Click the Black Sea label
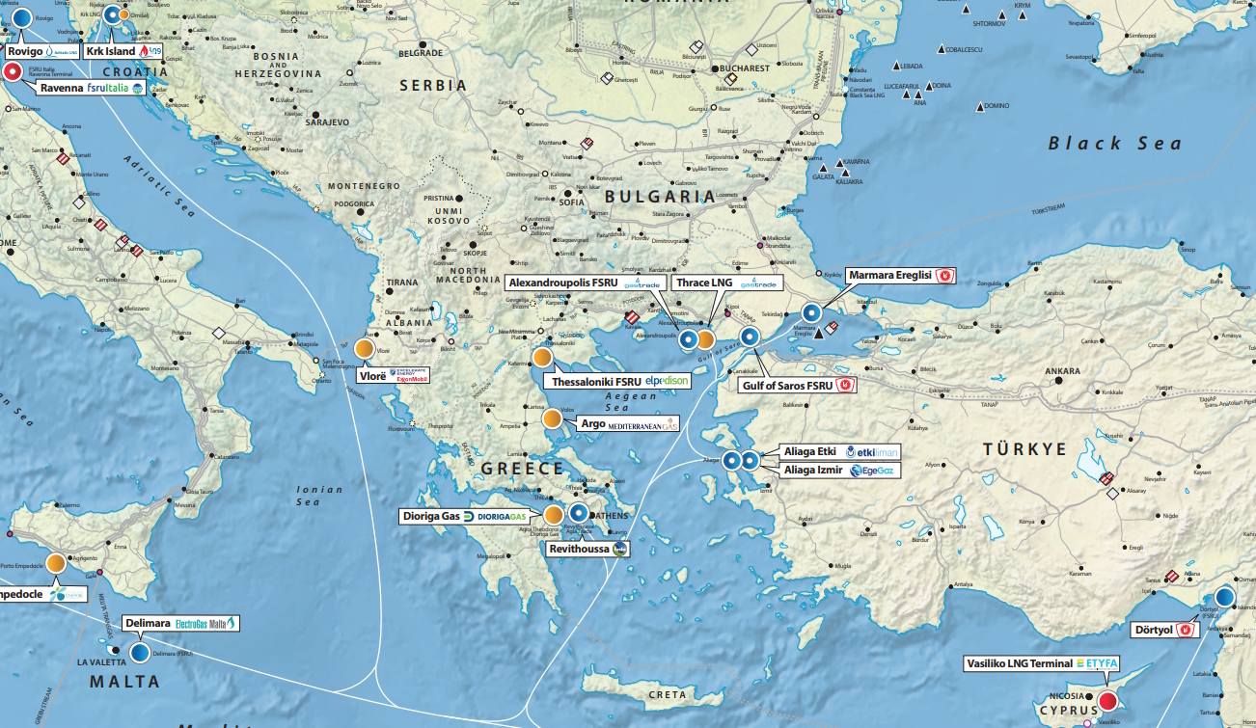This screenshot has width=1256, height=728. [1114, 144]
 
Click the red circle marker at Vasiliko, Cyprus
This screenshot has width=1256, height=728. [1107, 702]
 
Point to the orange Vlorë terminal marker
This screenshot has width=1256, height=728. [366, 350]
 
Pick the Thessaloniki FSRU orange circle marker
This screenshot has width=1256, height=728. [543, 357]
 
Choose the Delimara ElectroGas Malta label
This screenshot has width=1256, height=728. [180, 624]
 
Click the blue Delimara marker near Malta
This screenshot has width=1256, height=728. [140, 653]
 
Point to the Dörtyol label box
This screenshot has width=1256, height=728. [1163, 630]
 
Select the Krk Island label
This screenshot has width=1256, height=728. [123, 50]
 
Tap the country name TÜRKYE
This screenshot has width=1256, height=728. [1024, 449]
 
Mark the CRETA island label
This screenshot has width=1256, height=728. [668, 694]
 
